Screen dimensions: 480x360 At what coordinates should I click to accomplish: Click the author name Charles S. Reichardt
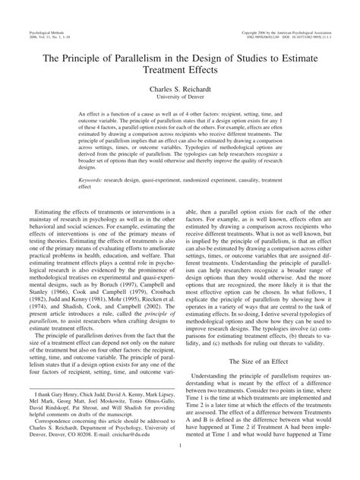click(180, 89)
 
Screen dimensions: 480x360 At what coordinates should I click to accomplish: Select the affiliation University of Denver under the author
click(180, 97)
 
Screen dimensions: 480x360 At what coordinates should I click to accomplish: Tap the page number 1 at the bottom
click(180, 456)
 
